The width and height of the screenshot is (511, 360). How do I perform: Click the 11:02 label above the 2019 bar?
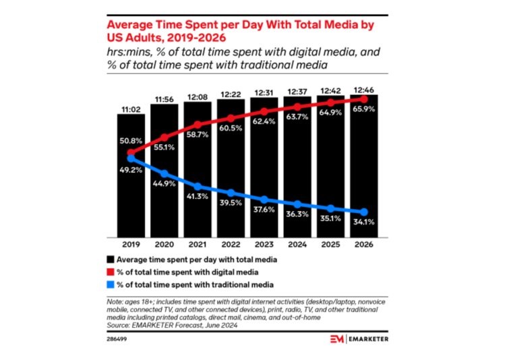click(130, 109)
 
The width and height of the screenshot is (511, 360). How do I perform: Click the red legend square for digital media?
click(110, 272)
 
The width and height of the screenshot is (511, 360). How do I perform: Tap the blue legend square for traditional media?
click(110, 284)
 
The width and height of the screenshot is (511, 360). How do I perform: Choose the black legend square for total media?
click(110, 259)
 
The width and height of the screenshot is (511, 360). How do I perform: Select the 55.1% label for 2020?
click(164, 146)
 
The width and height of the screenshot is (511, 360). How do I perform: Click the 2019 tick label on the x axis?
click(131, 245)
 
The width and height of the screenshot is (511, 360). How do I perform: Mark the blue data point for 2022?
click(231, 193)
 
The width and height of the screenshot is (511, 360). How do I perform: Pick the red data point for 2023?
click(264, 112)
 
